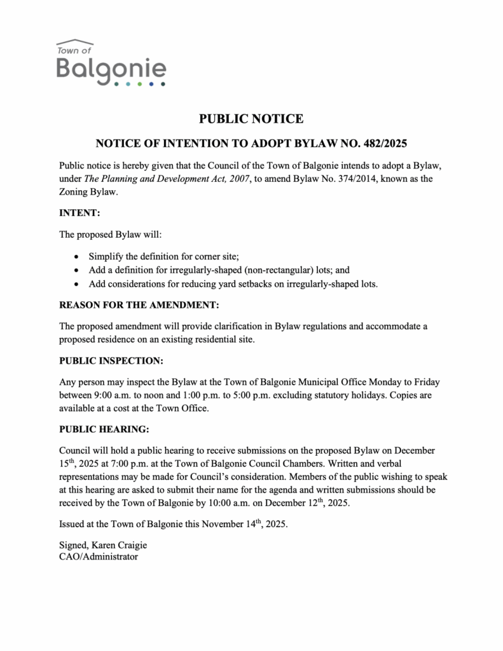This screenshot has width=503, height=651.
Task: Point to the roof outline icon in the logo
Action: click(75, 41)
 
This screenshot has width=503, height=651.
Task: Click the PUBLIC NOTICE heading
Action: click(251, 118)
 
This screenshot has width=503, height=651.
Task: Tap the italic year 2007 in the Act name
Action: click(235, 179)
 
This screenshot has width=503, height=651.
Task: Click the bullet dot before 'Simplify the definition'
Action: click(77, 257)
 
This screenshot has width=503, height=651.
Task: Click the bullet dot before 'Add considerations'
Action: click(77, 284)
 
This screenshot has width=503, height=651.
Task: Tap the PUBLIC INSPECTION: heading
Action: click(111, 360)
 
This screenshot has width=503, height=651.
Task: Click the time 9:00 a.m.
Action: click(116, 395)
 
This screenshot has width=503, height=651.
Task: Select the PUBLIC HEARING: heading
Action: click(104, 429)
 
